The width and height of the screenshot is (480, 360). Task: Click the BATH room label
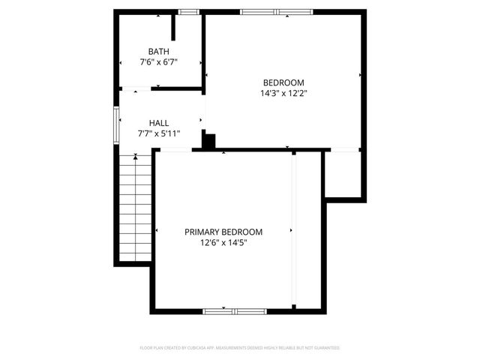click(158, 51)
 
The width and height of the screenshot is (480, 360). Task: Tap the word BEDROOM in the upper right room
click(283, 82)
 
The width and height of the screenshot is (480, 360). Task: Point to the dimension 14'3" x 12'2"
click(283, 94)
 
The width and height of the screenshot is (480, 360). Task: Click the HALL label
click(158, 123)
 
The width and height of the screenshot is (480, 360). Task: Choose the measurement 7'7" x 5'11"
click(158, 133)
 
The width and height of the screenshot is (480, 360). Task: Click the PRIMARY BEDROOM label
click(223, 232)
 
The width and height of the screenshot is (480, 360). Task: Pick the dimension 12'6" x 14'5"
click(223, 243)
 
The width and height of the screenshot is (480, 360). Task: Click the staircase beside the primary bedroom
click(135, 206)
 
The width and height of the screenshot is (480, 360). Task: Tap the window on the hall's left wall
click(116, 124)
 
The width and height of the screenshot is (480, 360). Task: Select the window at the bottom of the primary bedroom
click(233, 310)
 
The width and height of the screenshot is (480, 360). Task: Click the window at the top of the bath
click(188, 12)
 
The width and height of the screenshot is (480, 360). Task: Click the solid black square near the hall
click(208, 140)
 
